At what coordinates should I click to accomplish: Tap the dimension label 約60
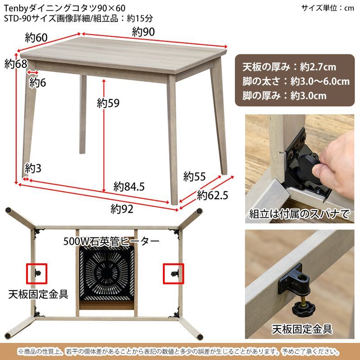coord(36,38)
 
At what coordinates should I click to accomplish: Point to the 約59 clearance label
coord(108,103)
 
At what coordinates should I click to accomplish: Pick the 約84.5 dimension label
coord(129,186)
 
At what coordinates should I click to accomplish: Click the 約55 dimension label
coord(194,175)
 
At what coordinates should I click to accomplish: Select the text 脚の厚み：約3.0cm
coord(284,95)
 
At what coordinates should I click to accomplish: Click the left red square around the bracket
coord(37,272)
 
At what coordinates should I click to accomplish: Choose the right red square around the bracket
coord(173,272)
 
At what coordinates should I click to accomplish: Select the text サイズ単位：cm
coord(328,8)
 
